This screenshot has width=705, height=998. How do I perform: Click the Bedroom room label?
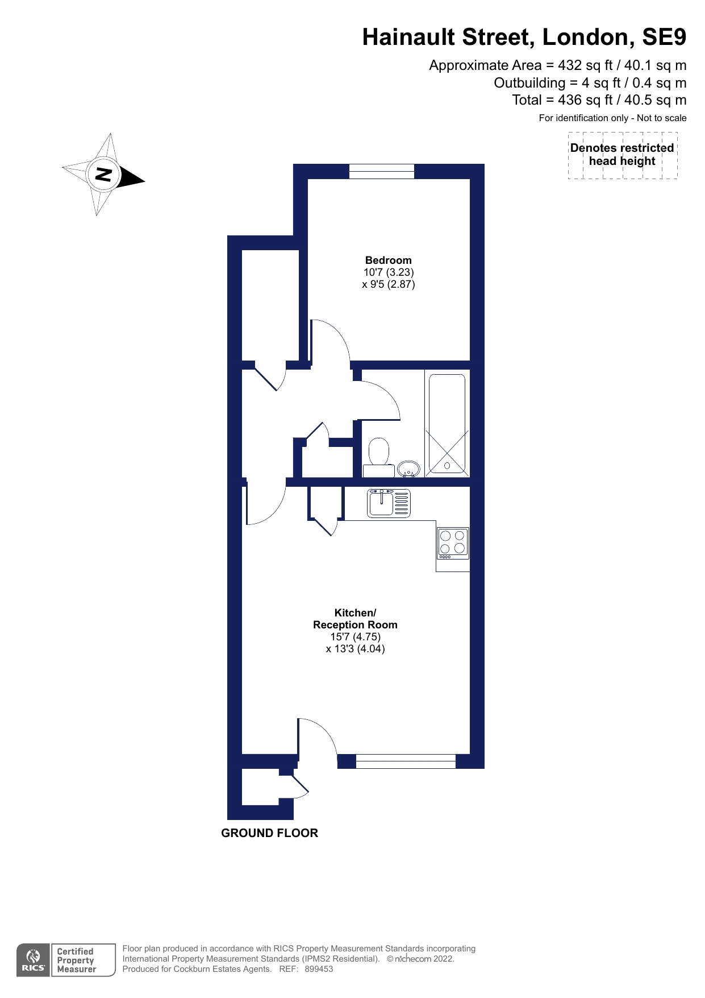(388, 260)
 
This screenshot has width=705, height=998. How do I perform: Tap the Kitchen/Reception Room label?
(355, 619)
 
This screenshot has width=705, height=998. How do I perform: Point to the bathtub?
(447, 424)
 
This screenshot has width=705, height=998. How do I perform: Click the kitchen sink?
(389, 503)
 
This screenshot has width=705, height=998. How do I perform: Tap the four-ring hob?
(453, 543)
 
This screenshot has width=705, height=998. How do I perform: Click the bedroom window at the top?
(382, 171)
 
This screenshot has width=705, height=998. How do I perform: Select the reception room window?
(406, 761)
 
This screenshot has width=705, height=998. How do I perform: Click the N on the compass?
(103, 174)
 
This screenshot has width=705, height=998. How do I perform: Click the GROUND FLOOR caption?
(269, 833)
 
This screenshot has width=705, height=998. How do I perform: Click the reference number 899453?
(319, 969)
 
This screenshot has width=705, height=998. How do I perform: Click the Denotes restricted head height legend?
(622, 155)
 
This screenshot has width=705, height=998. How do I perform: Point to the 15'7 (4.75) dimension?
(355, 637)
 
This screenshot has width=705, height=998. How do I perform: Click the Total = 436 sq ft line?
(599, 101)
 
